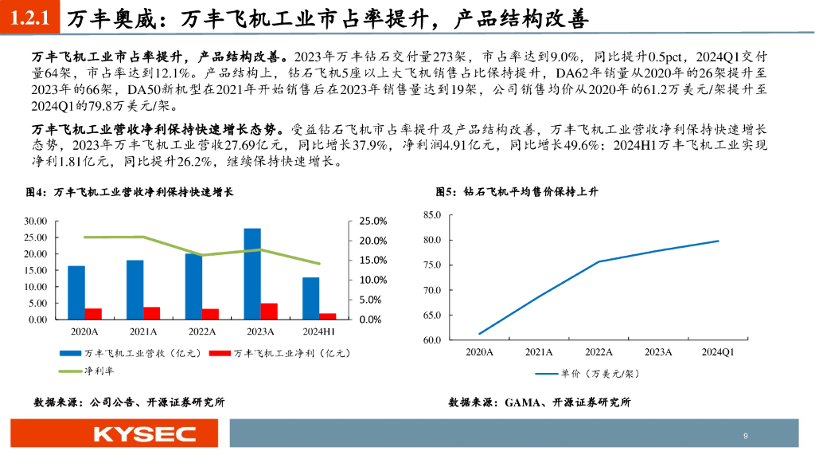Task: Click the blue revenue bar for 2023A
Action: (252, 273)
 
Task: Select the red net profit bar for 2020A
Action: (93, 313)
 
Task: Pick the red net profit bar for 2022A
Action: (211, 313)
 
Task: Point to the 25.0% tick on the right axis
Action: (369, 221)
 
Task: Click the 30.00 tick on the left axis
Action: (37, 221)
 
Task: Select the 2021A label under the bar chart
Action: (143, 331)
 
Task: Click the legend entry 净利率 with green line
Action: (81, 370)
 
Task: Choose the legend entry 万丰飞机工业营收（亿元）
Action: (135, 352)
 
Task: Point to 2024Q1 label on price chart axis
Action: (718, 351)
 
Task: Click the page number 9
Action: (745, 436)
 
